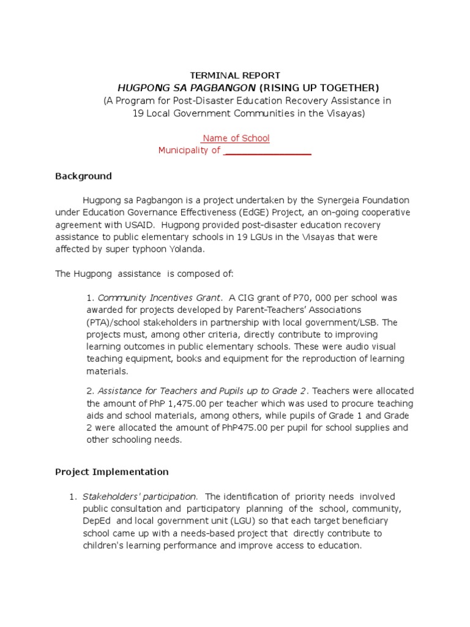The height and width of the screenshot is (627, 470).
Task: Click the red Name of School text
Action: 236,138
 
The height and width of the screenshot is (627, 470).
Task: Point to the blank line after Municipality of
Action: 267,151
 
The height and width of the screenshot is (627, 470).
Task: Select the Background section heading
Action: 83,176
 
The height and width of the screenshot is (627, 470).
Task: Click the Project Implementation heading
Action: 111,472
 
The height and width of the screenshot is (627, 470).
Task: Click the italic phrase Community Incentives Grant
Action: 159,298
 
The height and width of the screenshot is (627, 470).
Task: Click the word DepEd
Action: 97,521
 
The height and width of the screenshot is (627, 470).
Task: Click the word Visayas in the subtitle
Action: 345,114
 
